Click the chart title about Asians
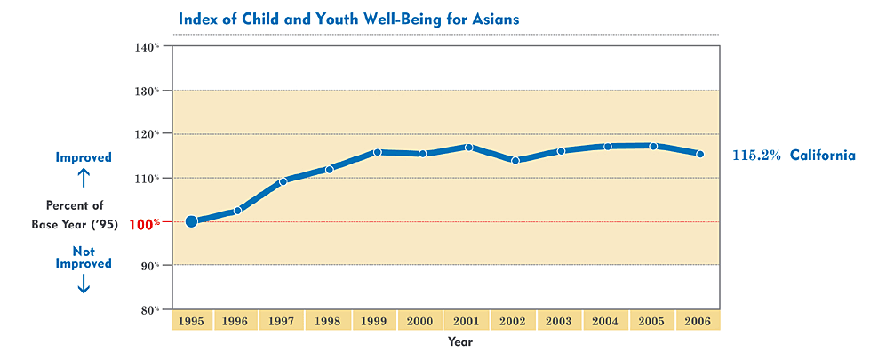click(348, 18)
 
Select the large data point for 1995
click(191, 221)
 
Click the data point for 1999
click(377, 152)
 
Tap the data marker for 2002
click(515, 160)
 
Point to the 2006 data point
click(700, 154)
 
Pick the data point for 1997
click(283, 181)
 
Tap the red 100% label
click(144, 224)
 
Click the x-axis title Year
click(460, 341)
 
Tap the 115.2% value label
click(756, 156)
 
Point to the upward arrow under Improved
click(84, 178)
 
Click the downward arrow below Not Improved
click(84, 284)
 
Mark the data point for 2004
click(608, 147)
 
